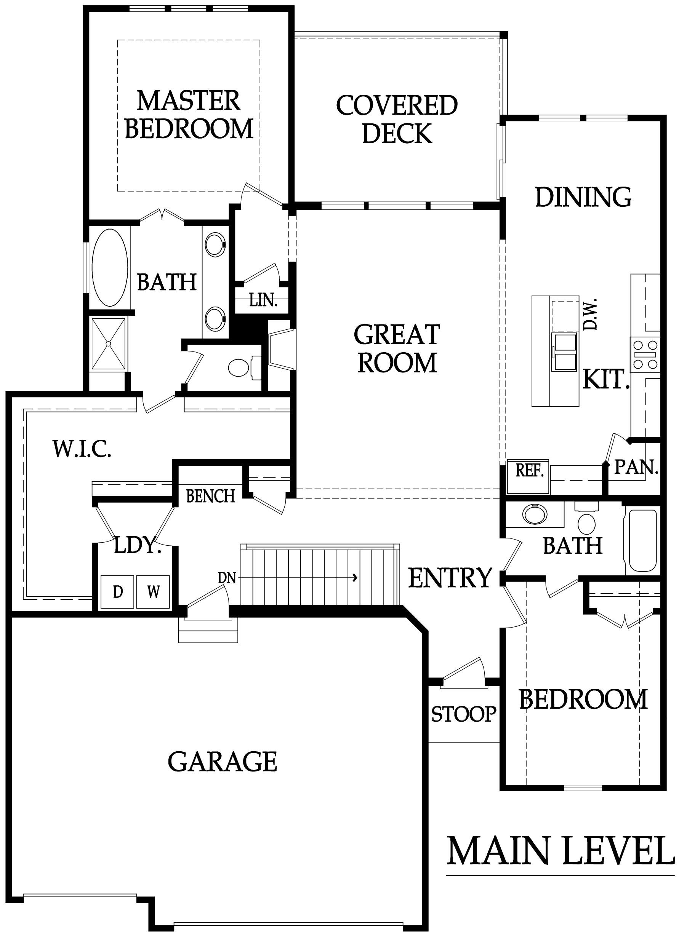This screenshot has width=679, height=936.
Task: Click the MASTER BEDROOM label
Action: click(188, 115)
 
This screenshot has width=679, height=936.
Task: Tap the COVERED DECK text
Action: click(397, 119)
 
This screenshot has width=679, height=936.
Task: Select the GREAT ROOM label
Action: click(397, 348)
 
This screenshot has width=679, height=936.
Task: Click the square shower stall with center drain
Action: click(108, 344)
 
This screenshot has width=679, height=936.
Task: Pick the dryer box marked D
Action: click(118, 592)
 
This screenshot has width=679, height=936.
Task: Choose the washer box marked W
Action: click(153, 592)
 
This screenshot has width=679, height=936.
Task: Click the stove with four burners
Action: click(645, 354)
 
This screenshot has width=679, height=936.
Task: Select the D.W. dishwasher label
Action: click(591, 314)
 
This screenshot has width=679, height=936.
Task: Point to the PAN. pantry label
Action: click(636, 468)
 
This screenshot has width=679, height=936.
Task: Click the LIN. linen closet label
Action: click(263, 300)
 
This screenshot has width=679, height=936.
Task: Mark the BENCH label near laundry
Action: click(211, 496)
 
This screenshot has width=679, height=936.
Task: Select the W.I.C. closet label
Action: click(82, 449)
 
